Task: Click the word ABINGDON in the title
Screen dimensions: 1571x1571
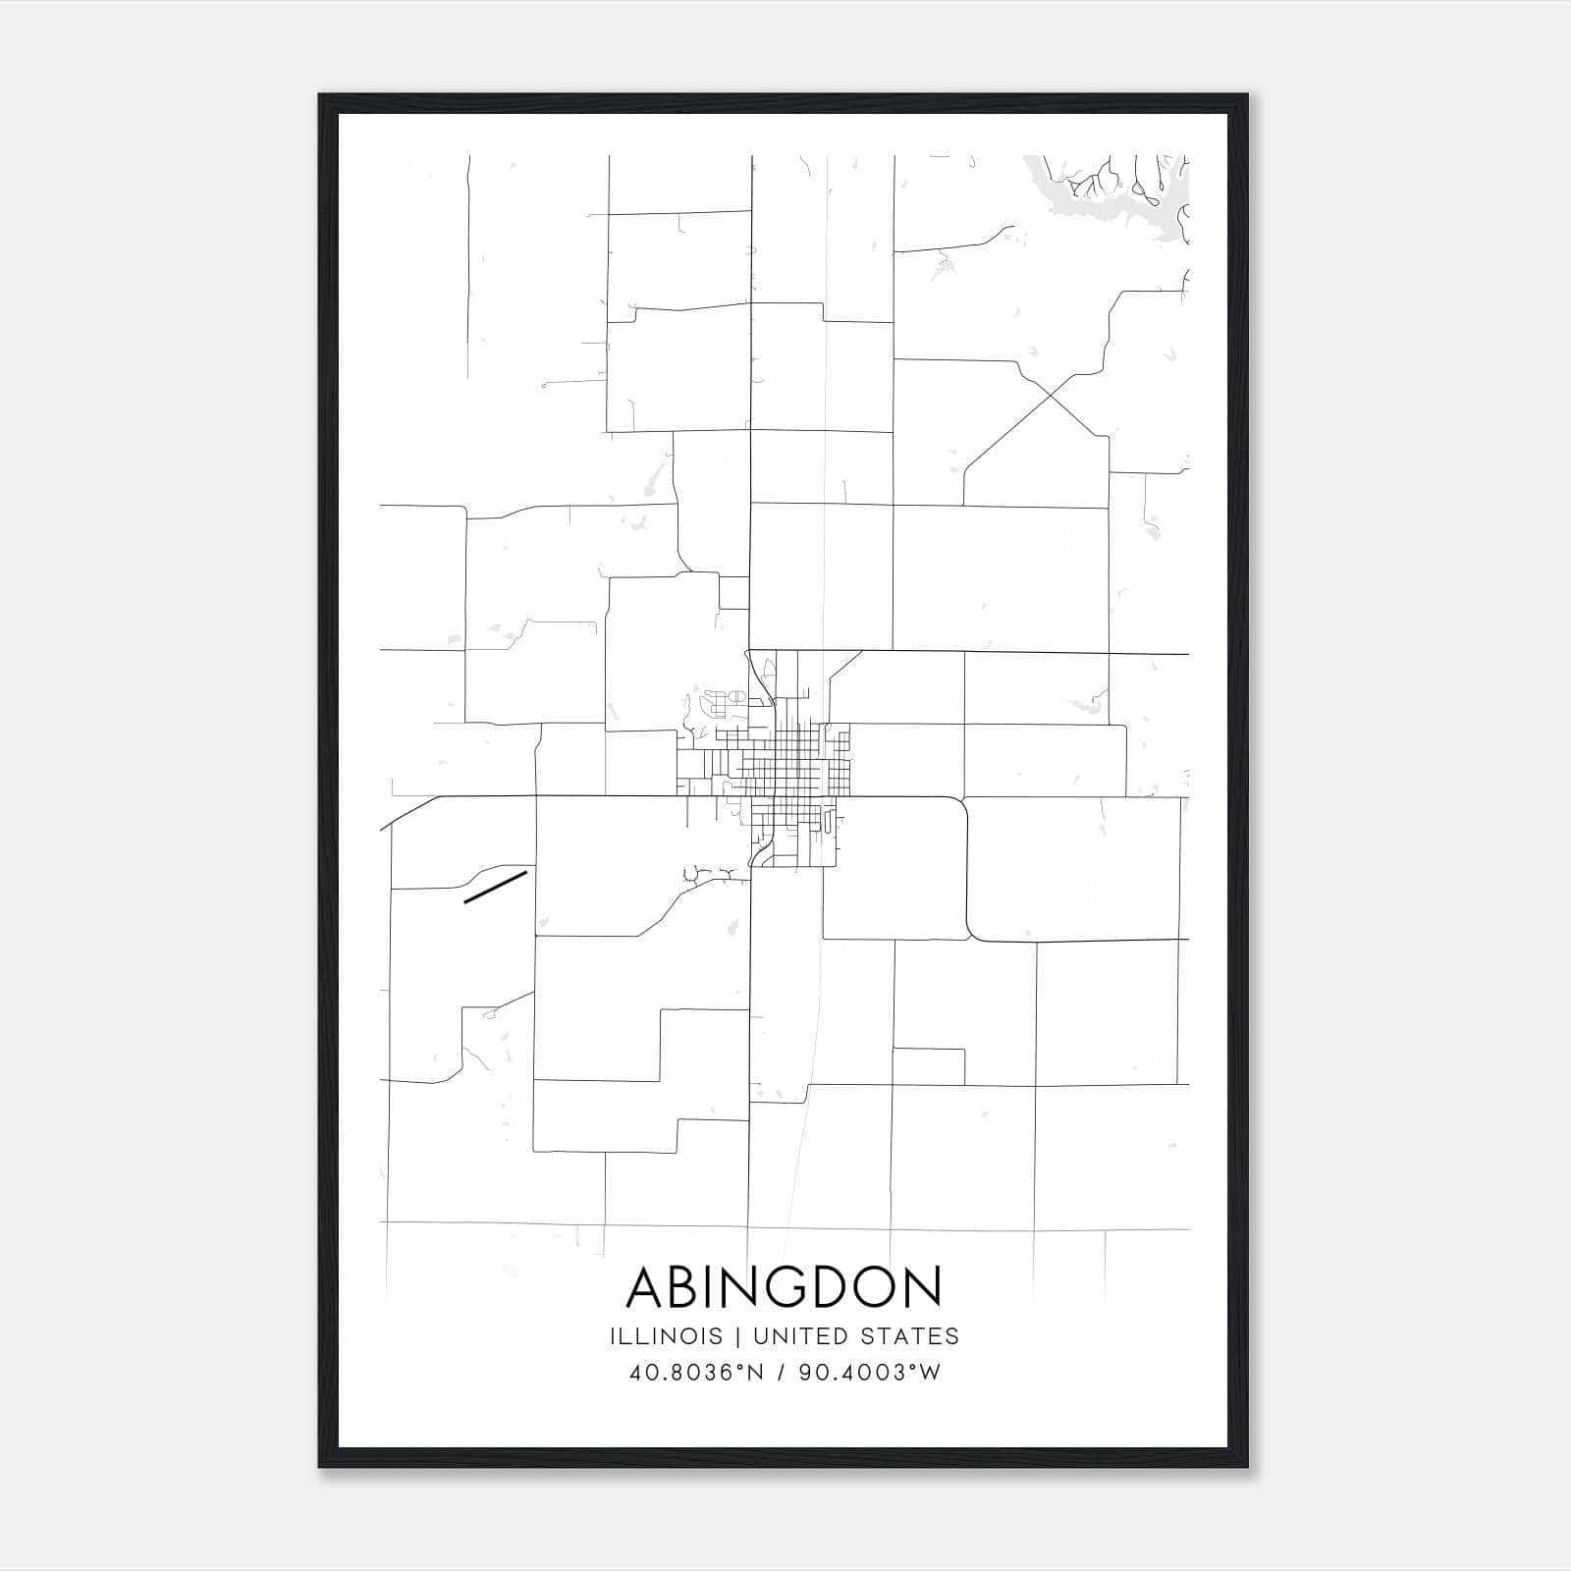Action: (x=785, y=1286)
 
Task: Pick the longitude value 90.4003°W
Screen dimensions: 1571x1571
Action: (x=869, y=1373)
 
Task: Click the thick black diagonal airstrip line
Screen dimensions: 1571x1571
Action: (x=495, y=885)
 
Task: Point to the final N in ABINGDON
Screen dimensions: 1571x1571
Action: (x=922, y=1286)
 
